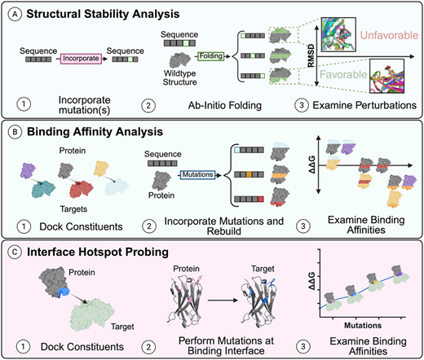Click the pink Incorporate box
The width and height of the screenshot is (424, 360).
[x=81, y=59]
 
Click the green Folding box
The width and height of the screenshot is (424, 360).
[x=211, y=56]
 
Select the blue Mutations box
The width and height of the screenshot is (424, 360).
[x=197, y=175]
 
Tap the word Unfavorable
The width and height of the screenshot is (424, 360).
[x=389, y=35]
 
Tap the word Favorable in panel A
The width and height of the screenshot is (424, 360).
[x=343, y=74]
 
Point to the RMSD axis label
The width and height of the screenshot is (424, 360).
[x=311, y=55]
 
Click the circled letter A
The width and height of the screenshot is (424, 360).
[x=15, y=15]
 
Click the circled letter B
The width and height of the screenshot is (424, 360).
[x=15, y=132]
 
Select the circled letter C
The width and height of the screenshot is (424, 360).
[x=15, y=252]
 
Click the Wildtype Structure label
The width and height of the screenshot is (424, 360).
[x=179, y=77]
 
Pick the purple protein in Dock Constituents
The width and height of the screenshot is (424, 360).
[x=28, y=170]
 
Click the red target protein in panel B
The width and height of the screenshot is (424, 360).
[x=82, y=189]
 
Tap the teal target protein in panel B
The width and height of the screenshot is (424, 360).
[x=43, y=189]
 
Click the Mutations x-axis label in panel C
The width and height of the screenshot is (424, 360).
[x=363, y=325]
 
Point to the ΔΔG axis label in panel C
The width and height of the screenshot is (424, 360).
[x=312, y=281]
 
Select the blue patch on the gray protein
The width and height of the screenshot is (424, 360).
[x=64, y=292]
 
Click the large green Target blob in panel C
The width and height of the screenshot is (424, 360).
[x=92, y=314]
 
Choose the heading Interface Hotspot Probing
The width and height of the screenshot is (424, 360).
[x=98, y=252]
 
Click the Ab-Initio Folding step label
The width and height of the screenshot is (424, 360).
[x=225, y=105]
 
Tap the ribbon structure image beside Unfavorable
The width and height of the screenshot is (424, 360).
[x=338, y=34]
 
